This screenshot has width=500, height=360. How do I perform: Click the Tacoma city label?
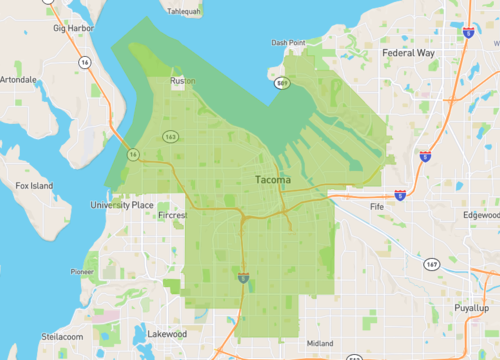[272, 180]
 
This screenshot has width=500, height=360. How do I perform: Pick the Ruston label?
[183, 81]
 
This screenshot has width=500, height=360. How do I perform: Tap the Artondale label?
[19, 78]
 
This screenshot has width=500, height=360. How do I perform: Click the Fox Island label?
[34, 185]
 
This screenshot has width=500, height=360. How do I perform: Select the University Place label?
[122, 204]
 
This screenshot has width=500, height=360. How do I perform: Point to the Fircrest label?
[172, 215]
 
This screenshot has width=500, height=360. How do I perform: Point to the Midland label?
[319, 343]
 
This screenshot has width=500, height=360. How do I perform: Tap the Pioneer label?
[82, 271]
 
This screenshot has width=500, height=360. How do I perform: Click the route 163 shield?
[172, 136]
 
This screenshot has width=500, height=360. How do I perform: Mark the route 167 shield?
[431, 264]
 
